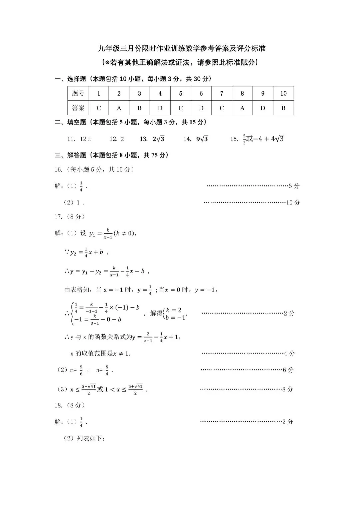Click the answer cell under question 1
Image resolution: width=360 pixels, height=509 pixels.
pos(99,108)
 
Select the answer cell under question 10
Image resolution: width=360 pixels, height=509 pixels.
pos(283,108)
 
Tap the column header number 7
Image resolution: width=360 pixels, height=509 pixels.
pos(222,93)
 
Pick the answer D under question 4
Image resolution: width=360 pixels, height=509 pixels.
pos(160,108)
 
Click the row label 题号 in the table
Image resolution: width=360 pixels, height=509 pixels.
pos(78,93)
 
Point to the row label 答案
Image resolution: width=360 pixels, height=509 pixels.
pos(78,108)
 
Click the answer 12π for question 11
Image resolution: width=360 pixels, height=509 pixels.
pos(85,139)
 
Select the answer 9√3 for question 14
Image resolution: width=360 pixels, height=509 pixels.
pos(202,139)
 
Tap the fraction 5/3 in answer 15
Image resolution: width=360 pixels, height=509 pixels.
pos(244,139)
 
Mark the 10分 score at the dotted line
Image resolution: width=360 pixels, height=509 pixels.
pos(293,202)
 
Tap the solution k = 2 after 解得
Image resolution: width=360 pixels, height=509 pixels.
pos(174,310)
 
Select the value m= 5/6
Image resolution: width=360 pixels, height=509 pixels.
pos(76,370)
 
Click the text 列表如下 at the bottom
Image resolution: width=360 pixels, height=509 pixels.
pos(90,438)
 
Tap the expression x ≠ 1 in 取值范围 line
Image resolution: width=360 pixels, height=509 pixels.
pos(121,354)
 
